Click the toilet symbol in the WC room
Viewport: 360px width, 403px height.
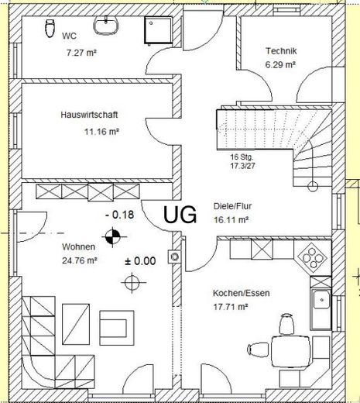[x=50, y=28]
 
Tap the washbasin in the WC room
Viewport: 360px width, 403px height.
[x=106, y=26]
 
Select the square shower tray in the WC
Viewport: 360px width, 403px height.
[x=158, y=29]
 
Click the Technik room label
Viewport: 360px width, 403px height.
[x=281, y=51]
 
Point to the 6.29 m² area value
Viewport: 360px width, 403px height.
[x=280, y=64]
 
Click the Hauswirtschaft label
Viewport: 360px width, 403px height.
[x=89, y=115]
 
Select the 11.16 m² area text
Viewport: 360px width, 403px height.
[x=101, y=132]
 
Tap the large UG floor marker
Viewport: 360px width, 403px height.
[x=180, y=215]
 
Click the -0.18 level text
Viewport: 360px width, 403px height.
[x=120, y=215]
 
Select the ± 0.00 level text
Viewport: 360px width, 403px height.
[x=140, y=261]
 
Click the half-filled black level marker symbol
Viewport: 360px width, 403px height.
[x=112, y=236]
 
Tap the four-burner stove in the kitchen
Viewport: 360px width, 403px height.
[x=312, y=257]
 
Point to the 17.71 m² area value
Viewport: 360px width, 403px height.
[x=231, y=307]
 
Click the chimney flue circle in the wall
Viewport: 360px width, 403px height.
[x=175, y=257]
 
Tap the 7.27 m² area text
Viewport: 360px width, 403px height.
[x=81, y=53]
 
